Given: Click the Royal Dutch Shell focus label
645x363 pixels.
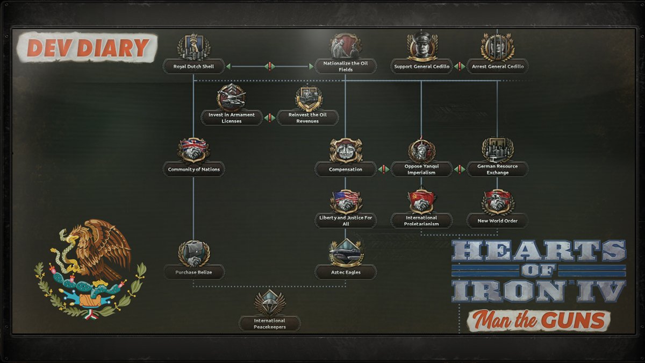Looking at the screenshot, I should (x=193, y=67).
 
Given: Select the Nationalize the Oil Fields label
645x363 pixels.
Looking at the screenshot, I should (x=345, y=67).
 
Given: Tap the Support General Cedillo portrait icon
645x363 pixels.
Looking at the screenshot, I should (x=422, y=46).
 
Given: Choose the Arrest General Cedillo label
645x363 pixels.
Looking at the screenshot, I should (x=498, y=67).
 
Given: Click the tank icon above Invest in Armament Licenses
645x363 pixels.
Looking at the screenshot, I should (x=232, y=97).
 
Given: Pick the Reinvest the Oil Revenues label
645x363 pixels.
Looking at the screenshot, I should (x=307, y=118).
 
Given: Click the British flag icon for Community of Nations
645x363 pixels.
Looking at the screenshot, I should (x=193, y=149).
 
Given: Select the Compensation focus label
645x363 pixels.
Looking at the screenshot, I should (x=346, y=169).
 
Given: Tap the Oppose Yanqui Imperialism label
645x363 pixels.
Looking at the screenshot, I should (x=421, y=169).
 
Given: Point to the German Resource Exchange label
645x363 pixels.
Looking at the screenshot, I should (x=498, y=169).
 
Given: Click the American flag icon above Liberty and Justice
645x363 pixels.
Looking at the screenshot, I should (x=345, y=200).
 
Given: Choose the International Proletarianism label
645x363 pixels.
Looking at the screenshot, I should (x=421, y=220).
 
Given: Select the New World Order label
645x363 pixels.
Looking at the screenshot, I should (x=498, y=220).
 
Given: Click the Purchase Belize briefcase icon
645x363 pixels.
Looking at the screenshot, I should (x=193, y=253).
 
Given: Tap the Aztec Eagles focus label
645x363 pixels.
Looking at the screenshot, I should (x=346, y=272).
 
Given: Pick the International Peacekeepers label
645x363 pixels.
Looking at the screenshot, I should (x=270, y=324).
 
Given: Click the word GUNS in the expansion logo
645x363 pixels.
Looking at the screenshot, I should (x=578, y=321).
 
